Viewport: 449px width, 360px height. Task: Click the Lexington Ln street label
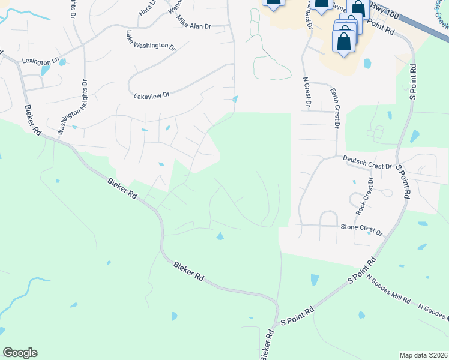(41, 61)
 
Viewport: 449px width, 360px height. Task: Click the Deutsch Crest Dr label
(367, 162)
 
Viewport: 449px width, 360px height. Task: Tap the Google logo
(20, 353)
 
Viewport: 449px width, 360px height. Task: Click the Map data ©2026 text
(423, 355)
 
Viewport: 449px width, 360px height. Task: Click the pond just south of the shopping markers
(367, 63)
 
